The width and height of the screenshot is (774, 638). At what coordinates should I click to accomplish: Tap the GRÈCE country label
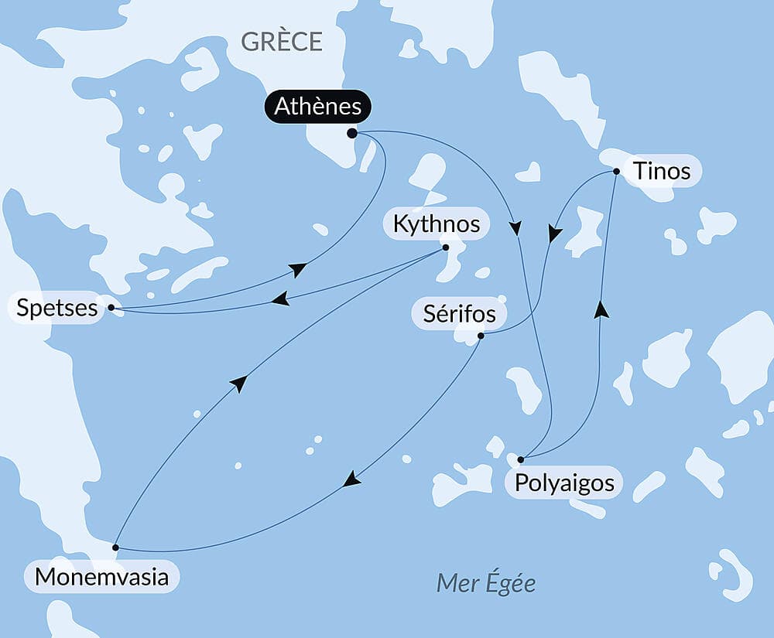pos(282,42)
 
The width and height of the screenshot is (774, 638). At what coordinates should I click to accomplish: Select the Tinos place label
pos(662,170)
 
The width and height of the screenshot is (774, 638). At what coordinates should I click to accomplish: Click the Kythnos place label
pos(437,224)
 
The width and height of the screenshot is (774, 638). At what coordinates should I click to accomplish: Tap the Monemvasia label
pos(101,577)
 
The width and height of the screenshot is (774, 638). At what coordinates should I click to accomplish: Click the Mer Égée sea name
pos(486,583)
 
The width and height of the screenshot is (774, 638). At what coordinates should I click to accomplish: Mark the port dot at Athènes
pos(352,133)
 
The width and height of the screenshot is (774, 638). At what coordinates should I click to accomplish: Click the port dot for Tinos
pos(616,171)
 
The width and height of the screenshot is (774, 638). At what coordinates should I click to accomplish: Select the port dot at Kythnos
pos(445,247)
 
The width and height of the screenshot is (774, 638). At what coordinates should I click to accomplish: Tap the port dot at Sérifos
pos(481,336)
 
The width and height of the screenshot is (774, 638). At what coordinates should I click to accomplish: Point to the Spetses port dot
pos(111,307)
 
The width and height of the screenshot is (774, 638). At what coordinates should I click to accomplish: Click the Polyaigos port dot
pos(521,459)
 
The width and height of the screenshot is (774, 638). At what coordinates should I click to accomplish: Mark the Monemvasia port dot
pos(115,547)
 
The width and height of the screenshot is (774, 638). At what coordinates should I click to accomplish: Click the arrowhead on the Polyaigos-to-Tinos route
pos(601,310)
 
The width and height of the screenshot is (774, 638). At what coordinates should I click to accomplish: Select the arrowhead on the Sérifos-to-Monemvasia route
pos(352,479)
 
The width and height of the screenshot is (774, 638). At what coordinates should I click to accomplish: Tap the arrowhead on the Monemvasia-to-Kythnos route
pos(239,384)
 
